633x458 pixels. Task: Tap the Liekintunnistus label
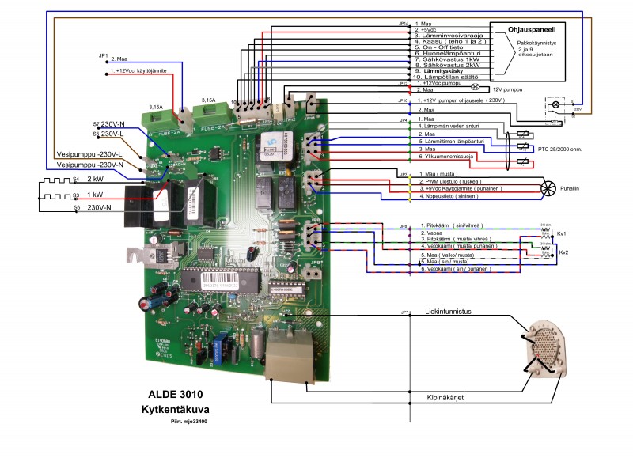pyautogui.click(x=448, y=312)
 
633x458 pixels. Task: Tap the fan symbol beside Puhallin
pyautogui.click(x=547, y=187)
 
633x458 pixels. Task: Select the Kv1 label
pyautogui.click(x=562, y=234)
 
